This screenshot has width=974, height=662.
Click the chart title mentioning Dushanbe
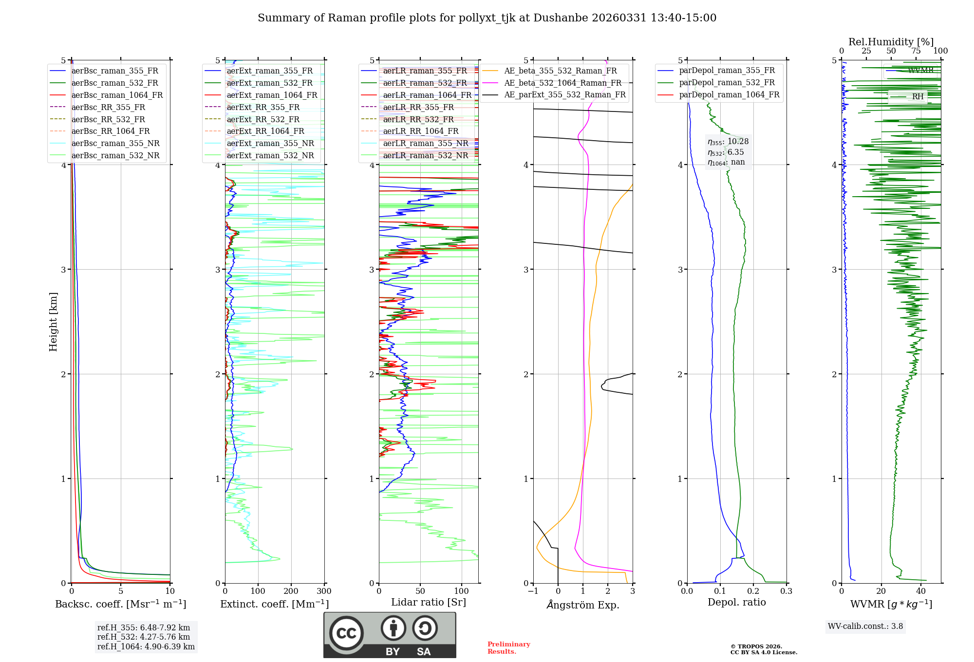tap(487, 18)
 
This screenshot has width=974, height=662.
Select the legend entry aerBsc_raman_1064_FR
tap(117, 95)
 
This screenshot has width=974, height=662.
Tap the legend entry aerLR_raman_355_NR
tap(425, 143)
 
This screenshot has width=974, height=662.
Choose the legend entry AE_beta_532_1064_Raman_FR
tap(562, 83)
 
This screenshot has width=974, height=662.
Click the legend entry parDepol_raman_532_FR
tap(727, 83)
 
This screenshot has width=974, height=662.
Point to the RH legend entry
tap(918, 97)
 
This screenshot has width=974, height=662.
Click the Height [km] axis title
tap(53, 322)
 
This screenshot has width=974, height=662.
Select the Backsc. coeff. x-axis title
tap(121, 604)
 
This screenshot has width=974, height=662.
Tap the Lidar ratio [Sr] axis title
tap(429, 602)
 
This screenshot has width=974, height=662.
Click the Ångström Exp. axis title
tap(583, 605)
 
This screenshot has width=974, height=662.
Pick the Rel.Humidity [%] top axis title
tap(891, 42)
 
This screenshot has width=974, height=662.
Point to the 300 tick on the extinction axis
tap(324, 591)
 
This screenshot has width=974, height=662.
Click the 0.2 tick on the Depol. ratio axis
tap(753, 591)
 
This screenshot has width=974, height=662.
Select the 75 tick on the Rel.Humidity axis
tap(916, 51)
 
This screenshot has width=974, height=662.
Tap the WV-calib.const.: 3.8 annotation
tap(865, 626)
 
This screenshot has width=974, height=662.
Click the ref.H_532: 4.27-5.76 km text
tap(144, 637)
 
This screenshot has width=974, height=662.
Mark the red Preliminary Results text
tap(508, 648)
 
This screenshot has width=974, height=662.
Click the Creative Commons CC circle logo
tap(346, 633)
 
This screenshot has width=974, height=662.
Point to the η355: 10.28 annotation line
tap(728, 142)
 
